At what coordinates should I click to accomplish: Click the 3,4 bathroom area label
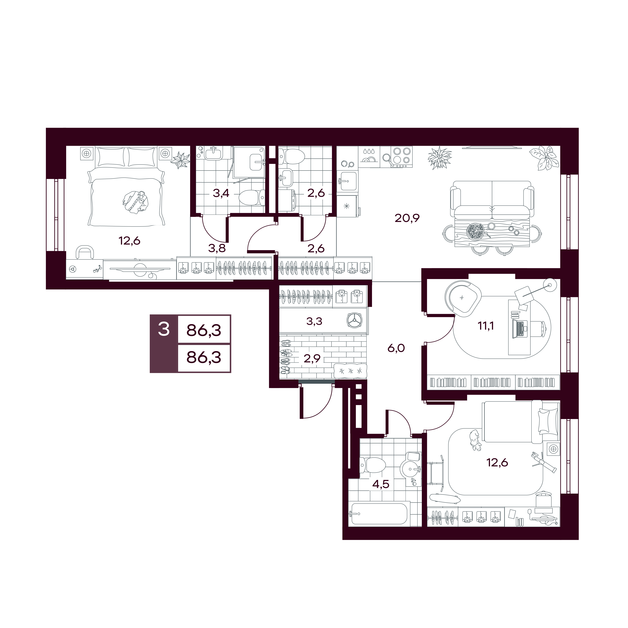point(221,193)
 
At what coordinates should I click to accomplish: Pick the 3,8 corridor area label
point(217,248)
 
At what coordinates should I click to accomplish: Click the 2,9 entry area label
point(312,359)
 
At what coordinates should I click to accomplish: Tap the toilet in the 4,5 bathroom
point(373,465)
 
